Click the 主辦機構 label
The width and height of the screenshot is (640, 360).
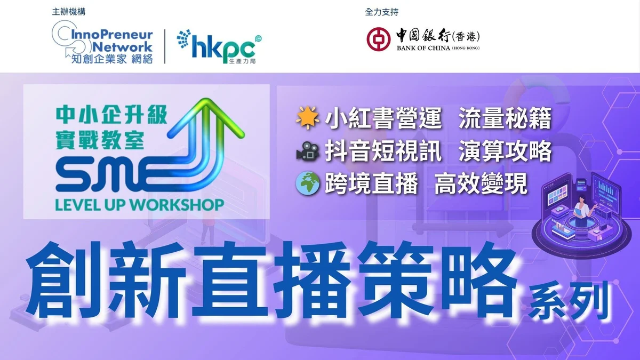[x=69, y=12]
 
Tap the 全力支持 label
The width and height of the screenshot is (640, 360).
[x=382, y=12]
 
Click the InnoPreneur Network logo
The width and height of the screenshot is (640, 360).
[x=102, y=42]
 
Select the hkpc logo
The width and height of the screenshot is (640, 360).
[x=219, y=46]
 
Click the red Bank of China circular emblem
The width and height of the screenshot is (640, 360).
[x=379, y=39]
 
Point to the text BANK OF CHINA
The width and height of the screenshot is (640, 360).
[x=423, y=48]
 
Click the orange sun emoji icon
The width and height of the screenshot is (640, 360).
[x=307, y=117]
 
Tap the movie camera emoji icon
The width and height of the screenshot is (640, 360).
[x=307, y=150]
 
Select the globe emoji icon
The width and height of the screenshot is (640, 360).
[x=307, y=183]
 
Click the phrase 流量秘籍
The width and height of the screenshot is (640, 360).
[x=505, y=118]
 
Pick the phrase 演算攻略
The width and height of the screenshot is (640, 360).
[x=505, y=151]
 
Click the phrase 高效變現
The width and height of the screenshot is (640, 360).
[x=481, y=184]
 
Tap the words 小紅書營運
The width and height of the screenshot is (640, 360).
[x=383, y=118]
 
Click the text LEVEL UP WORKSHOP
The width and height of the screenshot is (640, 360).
[x=139, y=205]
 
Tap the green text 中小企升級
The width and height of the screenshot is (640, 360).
[x=111, y=115]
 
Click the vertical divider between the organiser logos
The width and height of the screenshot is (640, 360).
[x=165, y=46]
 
